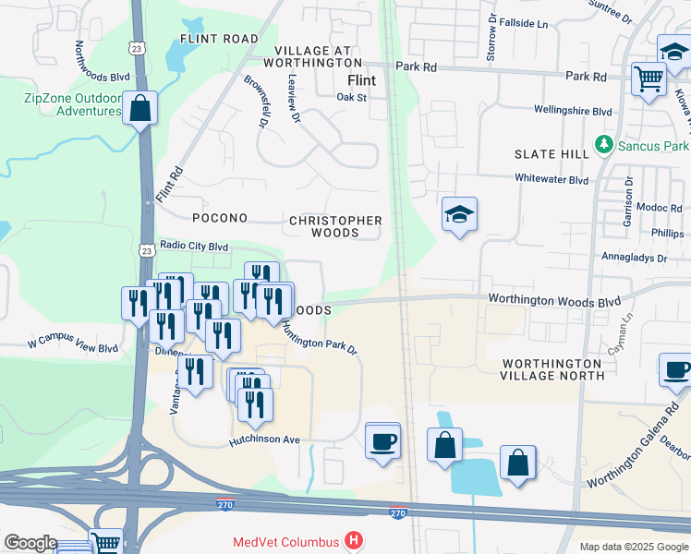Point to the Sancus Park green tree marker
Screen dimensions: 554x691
pos(603,145)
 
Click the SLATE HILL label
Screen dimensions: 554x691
pos(552,154)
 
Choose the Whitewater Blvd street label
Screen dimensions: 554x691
pos(552,180)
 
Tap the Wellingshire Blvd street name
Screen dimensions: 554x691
pos(573,111)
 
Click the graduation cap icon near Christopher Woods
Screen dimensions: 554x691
pos(459,216)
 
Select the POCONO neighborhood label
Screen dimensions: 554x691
pos(219,219)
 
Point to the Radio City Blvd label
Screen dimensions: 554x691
pos(193,247)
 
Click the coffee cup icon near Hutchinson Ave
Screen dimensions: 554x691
pos(382,440)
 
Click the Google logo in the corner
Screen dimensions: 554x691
pos(30,543)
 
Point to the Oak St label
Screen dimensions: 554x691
pos(352,96)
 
